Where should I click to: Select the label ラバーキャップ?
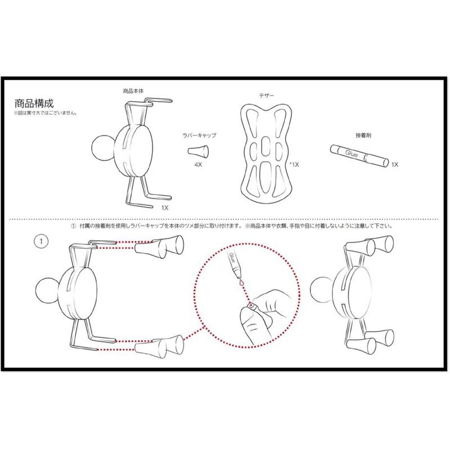click(201, 136)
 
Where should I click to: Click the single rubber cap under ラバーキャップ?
click(198, 151)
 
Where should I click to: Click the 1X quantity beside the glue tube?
click(394, 164)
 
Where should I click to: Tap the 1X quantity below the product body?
click(165, 208)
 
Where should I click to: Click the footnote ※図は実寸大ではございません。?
click(45, 114)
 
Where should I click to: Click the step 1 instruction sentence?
click(231, 226)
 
